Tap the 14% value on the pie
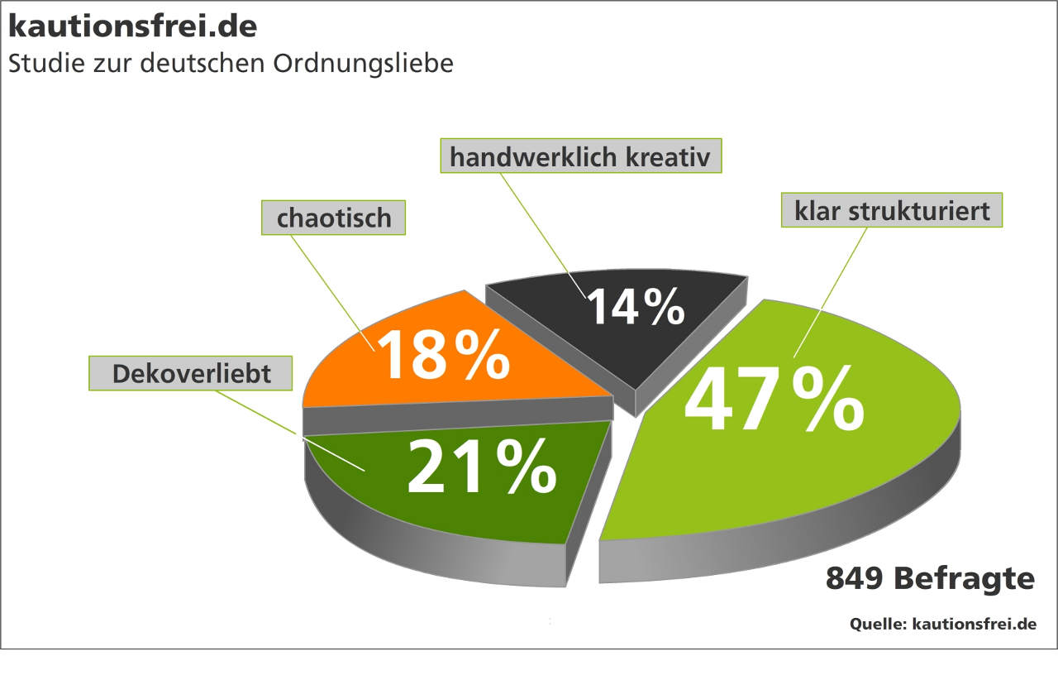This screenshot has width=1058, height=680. [x=636, y=306]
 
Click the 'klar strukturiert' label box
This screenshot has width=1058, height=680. [x=892, y=210]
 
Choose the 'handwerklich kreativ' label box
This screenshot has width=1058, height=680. [x=580, y=156]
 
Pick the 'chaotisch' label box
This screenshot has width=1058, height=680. [x=334, y=218]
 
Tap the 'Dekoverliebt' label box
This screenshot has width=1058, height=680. [x=192, y=373]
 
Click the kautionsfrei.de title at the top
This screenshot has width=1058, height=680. [x=133, y=26]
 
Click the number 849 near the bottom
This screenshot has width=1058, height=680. [x=855, y=578]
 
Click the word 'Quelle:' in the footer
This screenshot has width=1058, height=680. [x=878, y=624]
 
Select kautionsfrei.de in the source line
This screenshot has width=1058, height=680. [x=974, y=624]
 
